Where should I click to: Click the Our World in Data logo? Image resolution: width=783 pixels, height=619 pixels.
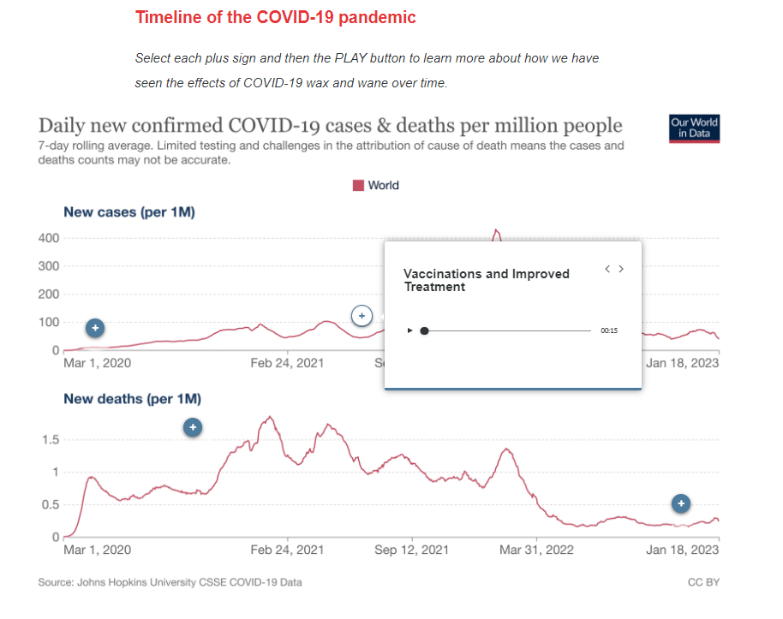point(694,128)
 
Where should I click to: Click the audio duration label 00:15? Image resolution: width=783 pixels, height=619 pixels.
point(609,330)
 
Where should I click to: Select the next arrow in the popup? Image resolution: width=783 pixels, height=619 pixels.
point(621,269)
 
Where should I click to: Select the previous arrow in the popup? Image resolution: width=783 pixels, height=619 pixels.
point(607,269)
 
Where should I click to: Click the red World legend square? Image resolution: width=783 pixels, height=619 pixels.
point(359,185)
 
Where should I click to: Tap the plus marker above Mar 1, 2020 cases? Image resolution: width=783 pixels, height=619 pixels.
point(95,328)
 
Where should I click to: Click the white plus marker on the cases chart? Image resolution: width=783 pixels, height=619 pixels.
point(362,316)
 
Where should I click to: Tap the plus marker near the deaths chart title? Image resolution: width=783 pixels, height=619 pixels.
point(194,427)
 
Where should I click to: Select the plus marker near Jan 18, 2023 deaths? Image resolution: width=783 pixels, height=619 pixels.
point(680,503)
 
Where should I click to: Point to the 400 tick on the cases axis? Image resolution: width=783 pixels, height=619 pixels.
point(49,237)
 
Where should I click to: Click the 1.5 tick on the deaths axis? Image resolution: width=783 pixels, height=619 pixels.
point(51,439)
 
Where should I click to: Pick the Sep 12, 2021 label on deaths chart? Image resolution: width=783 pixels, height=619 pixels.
point(411,550)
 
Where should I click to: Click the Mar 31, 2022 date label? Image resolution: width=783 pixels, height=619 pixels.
point(536,550)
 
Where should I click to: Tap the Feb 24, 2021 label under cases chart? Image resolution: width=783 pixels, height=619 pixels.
point(287,363)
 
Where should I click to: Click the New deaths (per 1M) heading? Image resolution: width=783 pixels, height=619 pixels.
point(133,399)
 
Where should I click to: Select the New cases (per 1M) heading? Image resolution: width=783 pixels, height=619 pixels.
point(129,212)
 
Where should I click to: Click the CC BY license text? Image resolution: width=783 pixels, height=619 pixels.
point(703,582)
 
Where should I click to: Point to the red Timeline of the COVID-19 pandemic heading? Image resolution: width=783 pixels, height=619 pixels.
point(276,17)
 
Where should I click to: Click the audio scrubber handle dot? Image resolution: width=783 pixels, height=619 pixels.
point(424,330)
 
